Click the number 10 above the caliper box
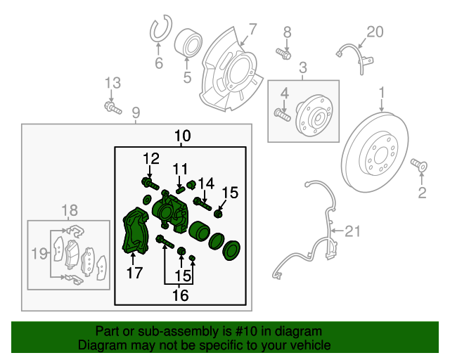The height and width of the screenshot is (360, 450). point(182,135)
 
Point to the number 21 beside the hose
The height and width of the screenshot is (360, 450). point(351,230)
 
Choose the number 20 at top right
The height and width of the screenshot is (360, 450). point(375,32)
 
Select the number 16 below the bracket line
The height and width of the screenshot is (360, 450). point(180,295)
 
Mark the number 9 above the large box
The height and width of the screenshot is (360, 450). point(135,112)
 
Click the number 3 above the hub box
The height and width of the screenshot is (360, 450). point(303,68)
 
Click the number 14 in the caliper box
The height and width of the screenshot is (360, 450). point(205,184)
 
